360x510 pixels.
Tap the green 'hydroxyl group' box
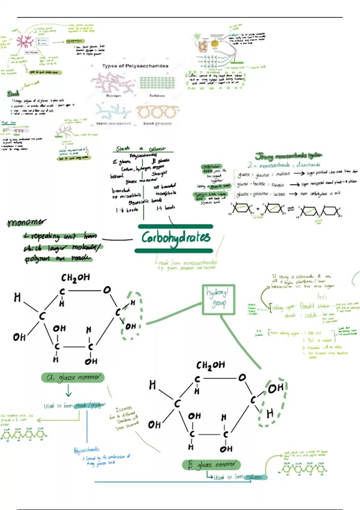(x=218, y=299)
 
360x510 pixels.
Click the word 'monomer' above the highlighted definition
(x=27, y=222)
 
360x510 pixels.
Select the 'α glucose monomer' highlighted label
(x=73, y=377)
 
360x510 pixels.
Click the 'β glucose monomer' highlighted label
(x=211, y=465)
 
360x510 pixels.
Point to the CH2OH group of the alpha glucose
(x=75, y=278)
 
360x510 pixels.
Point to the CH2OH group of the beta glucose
(x=211, y=365)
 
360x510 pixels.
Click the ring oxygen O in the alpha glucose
(x=107, y=290)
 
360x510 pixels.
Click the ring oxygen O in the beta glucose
(x=242, y=377)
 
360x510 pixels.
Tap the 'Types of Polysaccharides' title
(x=135, y=66)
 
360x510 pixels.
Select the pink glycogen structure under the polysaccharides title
(x=113, y=83)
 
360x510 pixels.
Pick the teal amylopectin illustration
(x=113, y=111)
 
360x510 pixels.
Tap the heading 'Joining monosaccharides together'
(x=289, y=156)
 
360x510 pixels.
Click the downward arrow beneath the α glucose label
(x=68, y=391)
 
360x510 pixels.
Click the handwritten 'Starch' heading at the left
(x=13, y=94)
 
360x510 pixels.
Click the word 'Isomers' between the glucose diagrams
(x=124, y=409)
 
